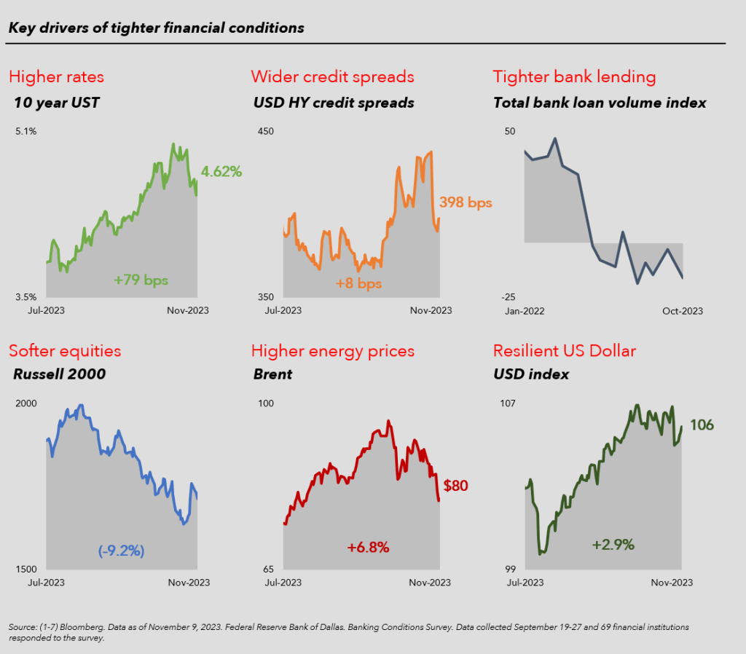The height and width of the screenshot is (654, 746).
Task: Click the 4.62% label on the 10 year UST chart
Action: [221, 172]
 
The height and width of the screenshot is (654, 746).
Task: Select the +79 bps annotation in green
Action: [146, 279]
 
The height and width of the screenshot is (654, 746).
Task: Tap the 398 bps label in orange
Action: [466, 202]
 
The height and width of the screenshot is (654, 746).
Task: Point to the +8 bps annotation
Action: [358, 283]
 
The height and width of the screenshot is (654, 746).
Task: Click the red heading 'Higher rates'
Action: [56, 76]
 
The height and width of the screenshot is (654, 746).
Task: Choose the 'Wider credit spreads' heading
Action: [332, 76]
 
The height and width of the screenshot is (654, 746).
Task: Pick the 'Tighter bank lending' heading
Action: [574, 76]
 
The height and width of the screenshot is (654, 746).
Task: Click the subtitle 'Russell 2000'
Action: [60, 374]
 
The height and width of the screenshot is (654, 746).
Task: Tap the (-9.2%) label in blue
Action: [122, 551]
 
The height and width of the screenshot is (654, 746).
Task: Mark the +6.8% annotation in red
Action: [368, 546]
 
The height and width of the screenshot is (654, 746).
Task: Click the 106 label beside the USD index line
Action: [702, 425]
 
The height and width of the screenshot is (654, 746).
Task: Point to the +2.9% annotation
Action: [613, 544]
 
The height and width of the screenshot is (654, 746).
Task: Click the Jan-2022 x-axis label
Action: [525, 311]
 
